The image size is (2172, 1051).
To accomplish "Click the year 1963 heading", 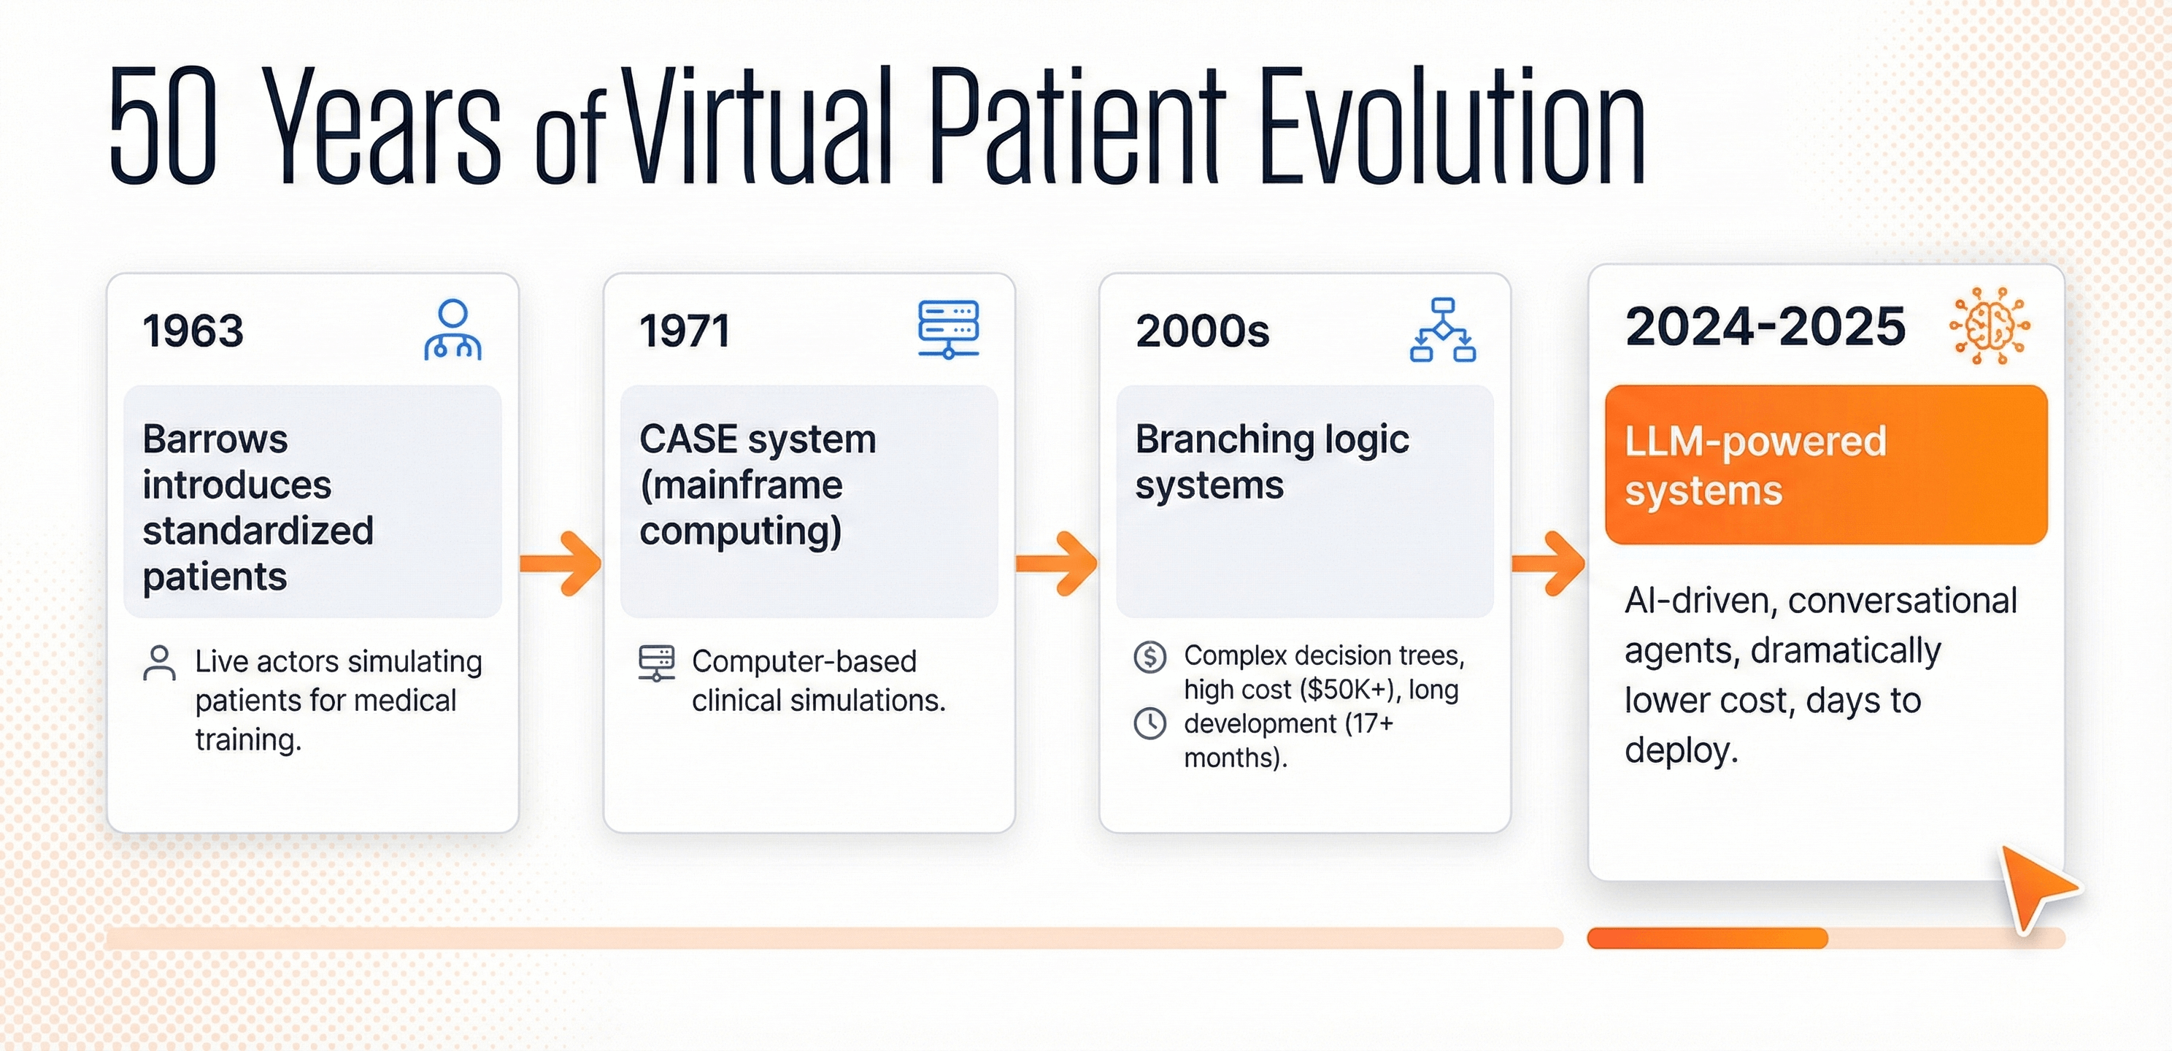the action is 193,331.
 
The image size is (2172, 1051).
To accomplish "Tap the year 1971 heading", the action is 684,331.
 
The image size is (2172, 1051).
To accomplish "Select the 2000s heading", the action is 1202,331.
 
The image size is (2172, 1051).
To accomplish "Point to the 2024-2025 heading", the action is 1765,326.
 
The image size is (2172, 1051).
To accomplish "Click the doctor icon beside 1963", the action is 452,330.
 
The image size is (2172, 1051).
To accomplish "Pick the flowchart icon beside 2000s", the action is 1443,330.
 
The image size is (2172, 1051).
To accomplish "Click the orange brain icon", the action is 1990,326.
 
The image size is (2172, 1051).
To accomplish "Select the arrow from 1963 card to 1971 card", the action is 561,563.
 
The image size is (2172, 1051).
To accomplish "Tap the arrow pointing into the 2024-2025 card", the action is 1548,563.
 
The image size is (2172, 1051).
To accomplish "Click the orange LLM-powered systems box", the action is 1826,465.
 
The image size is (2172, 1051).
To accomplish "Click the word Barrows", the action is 215,439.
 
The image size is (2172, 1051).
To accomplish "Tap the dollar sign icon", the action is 1150,656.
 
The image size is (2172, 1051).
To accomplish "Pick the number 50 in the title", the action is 163,125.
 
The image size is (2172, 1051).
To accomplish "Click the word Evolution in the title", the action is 1452,125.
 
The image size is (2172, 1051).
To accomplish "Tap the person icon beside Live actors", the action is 159,663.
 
